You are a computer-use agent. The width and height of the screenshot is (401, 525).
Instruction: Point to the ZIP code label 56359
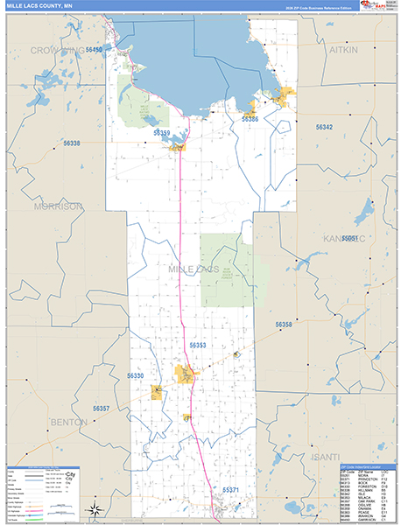[161, 133]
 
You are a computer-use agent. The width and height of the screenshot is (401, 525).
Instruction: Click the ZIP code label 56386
[250, 118]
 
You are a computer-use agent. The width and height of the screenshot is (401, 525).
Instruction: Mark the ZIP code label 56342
[324, 127]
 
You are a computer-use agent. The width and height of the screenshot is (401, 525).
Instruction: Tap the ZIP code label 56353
[197, 346]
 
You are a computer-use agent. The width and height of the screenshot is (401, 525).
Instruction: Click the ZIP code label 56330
[135, 375]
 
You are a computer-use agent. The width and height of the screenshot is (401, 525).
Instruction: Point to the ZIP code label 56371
[230, 490]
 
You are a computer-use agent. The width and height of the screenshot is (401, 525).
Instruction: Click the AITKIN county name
[343, 52]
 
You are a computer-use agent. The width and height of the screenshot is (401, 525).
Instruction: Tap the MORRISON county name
[58, 206]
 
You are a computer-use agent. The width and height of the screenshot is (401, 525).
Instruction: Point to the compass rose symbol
[95, 510]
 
